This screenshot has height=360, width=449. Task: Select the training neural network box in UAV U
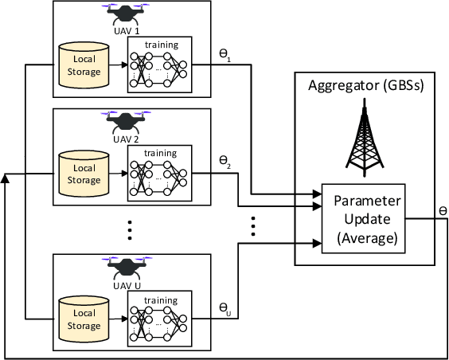[160, 318]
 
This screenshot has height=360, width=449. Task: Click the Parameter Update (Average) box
[363, 214]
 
